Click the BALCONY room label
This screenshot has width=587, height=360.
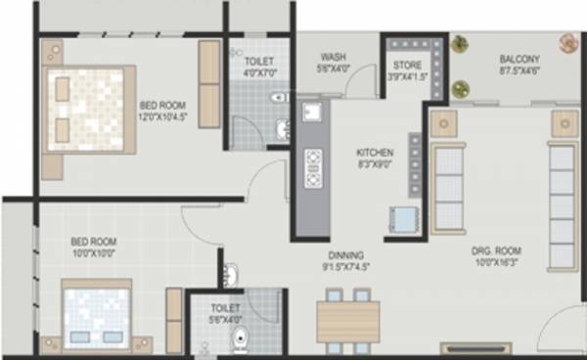(x=519, y=58)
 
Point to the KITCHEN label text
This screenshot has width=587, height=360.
(x=375, y=153)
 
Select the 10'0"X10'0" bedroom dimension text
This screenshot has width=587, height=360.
(x=94, y=252)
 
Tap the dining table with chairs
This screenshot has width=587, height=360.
(x=347, y=319)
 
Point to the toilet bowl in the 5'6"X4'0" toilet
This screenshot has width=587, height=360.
(x=240, y=338)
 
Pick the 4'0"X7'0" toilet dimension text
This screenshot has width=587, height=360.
(x=261, y=70)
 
